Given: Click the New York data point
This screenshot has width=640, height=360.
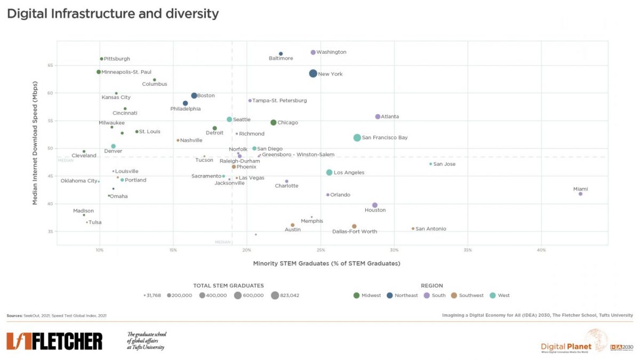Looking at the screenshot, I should [x=313, y=74].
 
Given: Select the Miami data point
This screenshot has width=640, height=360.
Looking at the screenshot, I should [x=580, y=194].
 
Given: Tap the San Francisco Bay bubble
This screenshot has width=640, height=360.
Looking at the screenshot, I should [x=357, y=138].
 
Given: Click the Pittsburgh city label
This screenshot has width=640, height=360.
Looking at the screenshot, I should [x=117, y=59].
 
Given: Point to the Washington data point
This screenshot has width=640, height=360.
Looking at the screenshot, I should [x=313, y=52].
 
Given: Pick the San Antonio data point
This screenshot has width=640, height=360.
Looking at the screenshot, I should [x=413, y=229].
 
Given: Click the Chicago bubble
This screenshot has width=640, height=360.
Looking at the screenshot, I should [x=274, y=123].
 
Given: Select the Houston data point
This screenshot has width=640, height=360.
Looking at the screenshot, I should [x=375, y=205].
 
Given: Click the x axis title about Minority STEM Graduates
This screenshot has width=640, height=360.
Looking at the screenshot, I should [x=326, y=263].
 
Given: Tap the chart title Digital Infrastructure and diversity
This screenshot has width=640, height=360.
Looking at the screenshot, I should [x=113, y=14].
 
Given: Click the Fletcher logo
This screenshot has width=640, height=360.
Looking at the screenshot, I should [x=54, y=341].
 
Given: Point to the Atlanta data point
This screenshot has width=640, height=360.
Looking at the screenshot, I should [x=378, y=117].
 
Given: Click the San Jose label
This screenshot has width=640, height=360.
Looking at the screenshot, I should [x=444, y=164].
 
